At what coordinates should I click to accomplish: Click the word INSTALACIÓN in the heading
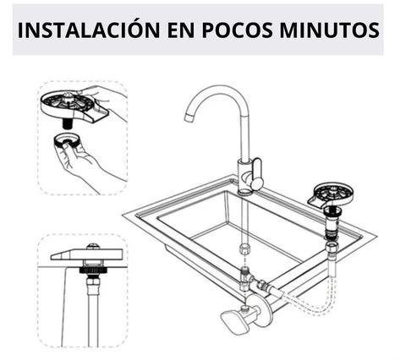[89, 30]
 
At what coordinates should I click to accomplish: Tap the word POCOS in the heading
[238, 30]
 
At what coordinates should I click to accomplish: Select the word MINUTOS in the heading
[329, 30]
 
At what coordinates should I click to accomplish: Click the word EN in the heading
[181, 30]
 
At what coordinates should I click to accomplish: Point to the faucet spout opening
[189, 118]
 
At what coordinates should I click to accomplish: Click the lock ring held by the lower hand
[67, 140]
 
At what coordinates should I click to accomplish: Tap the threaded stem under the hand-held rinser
[67, 123]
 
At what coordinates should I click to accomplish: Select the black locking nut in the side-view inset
[93, 270]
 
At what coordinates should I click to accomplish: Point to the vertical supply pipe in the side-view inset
[93, 315]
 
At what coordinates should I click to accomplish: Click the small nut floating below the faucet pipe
[244, 248]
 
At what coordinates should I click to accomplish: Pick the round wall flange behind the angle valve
[264, 310]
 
